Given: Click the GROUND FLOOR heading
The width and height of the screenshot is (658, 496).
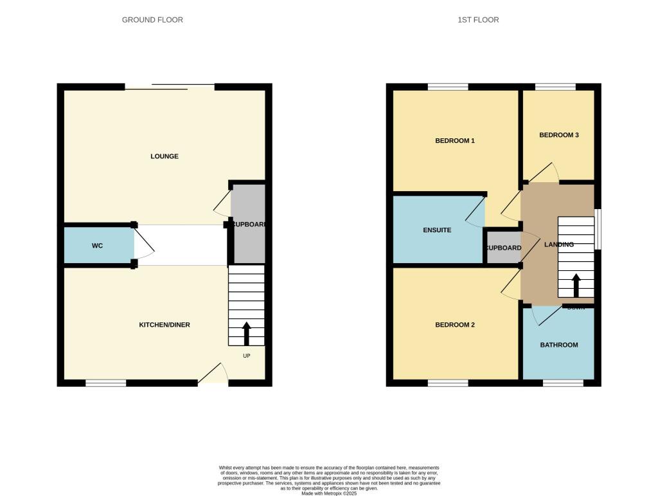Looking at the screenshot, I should coord(152,20).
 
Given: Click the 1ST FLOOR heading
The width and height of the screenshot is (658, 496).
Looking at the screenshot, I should coord(478,20).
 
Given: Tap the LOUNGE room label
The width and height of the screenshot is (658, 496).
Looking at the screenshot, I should coord(164,156).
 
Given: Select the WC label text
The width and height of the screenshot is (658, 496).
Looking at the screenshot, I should coord(97,246).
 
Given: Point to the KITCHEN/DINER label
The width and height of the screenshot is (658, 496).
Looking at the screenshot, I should coord(164,325).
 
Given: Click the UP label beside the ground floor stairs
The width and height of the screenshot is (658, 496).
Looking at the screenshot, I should coord(246,355).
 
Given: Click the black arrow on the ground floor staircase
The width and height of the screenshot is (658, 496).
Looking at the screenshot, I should coord(246,334).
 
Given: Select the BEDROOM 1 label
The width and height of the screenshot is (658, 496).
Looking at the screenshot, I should coord(455,140).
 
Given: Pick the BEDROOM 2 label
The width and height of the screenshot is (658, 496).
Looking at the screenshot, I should coord(455,325).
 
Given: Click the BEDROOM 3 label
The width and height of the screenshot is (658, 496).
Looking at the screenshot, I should coord(559,135).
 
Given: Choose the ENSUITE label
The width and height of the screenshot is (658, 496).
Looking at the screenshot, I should coord(437,230).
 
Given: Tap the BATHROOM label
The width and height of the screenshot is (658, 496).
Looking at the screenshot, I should coord(558,345).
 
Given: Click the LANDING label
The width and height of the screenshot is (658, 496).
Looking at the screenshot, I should coord(558,244).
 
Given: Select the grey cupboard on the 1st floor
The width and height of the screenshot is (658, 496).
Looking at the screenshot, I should coord(502,248).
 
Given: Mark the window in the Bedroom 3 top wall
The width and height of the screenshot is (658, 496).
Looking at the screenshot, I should coord(555,87).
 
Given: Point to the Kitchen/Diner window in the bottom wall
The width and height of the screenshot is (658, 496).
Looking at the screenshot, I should coord(106,383).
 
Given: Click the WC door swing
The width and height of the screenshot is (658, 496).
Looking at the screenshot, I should coord(143,245).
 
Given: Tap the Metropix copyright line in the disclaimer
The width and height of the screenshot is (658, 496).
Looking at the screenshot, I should coord(328,493).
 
